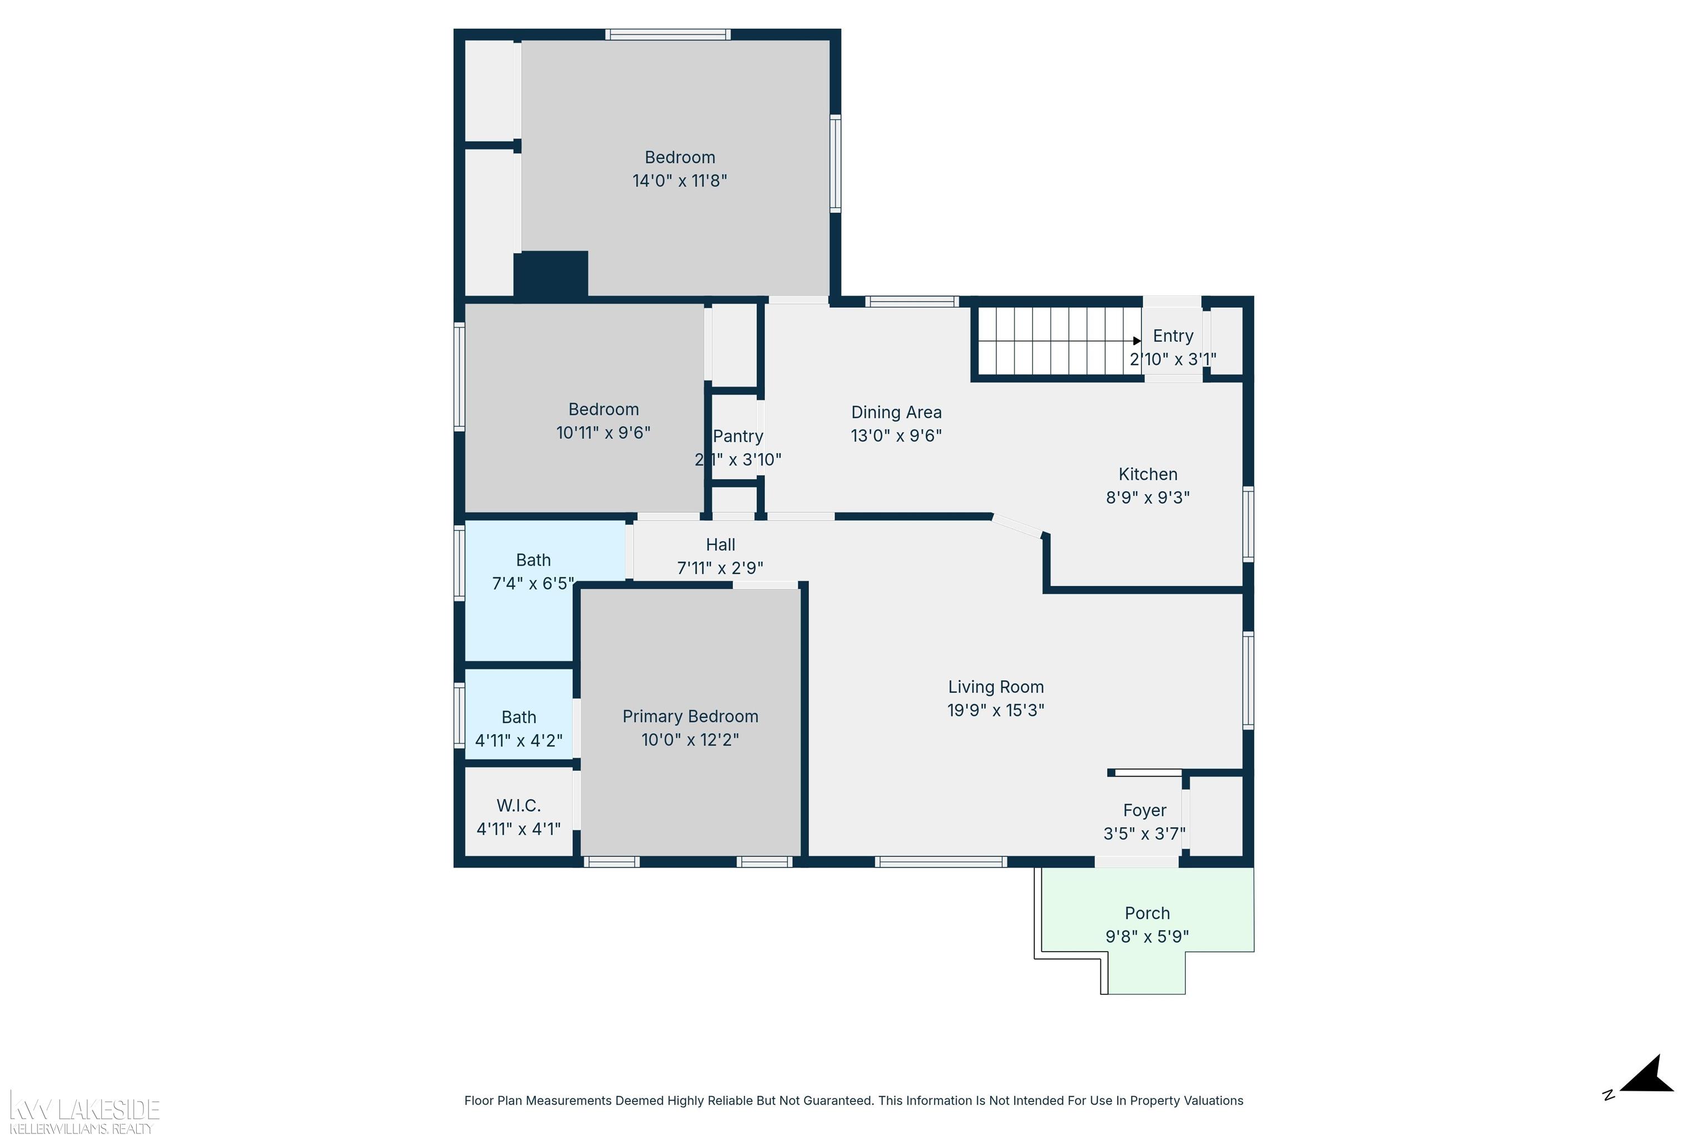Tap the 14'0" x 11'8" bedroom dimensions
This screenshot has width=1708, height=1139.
680,181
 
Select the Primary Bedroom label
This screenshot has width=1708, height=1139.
690,716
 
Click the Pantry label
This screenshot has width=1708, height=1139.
738,436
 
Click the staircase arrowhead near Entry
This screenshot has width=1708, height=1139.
1136,341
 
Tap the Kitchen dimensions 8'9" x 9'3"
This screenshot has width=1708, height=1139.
1148,498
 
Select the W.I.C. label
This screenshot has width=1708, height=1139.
519,805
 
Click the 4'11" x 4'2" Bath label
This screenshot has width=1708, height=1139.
519,729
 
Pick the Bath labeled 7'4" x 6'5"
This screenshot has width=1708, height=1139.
533,571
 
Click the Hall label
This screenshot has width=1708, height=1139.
721,545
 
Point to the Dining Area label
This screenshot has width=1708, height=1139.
896,413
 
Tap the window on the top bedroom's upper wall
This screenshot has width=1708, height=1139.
668,34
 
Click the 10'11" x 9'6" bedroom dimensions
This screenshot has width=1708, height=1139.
603,433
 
